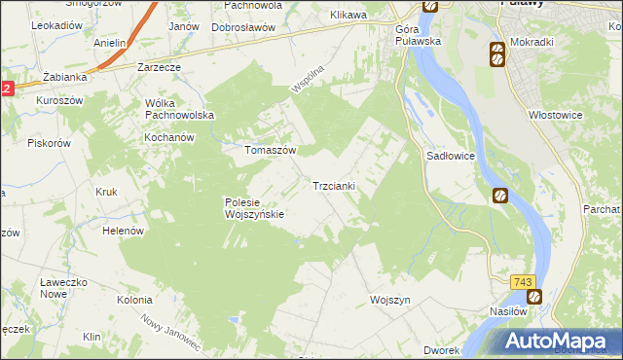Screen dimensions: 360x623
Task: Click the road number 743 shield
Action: (523, 282)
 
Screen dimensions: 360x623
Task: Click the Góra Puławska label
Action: (418, 35)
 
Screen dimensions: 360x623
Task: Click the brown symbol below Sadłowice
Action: (501, 195)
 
